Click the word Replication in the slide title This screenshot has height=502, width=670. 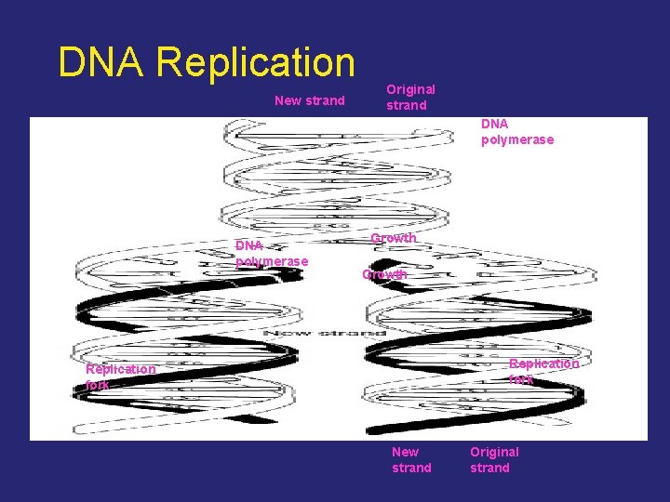(x=256, y=62)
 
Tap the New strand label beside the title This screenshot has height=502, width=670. (x=309, y=100)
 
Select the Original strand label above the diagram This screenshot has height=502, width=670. (x=410, y=97)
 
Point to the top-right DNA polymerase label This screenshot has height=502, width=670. (x=516, y=131)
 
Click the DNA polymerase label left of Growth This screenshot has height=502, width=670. (x=271, y=253)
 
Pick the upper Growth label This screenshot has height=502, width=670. (x=393, y=238)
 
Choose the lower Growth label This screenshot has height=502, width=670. (x=384, y=274)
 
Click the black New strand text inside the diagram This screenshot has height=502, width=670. (x=325, y=332)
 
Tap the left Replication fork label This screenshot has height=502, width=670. (x=120, y=376)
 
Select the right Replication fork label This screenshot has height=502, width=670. (x=543, y=371)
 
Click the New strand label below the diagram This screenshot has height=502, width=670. (x=411, y=459)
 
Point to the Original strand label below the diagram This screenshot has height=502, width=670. (x=494, y=459)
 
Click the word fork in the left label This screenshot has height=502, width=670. (x=97, y=384)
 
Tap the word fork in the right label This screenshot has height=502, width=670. (x=521, y=379)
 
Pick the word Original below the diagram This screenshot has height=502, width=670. (x=494, y=452)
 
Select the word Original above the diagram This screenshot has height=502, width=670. (x=410, y=89)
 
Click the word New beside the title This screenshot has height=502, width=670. (x=287, y=100)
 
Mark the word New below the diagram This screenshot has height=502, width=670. (x=406, y=452)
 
